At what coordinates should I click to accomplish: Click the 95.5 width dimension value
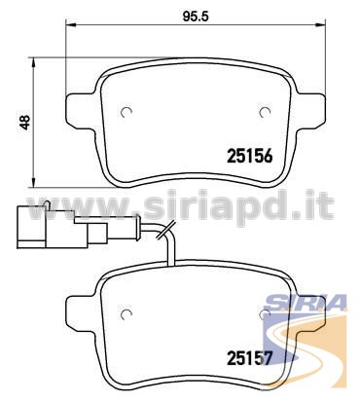(x=195, y=17)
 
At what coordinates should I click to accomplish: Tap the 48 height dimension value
(x=24, y=123)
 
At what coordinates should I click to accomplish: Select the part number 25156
(x=249, y=157)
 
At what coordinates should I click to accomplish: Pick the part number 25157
(x=249, y=358)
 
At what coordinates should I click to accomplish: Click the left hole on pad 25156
(x=126, y=112)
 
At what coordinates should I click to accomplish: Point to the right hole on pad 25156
(x=266, y=112)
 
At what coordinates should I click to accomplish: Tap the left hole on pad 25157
(x=126, y=313)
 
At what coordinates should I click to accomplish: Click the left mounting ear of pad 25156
(x=81, y=109)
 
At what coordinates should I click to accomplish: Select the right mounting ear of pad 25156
(x=310, y=109)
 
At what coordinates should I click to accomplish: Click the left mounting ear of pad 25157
(x=81, y=311)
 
